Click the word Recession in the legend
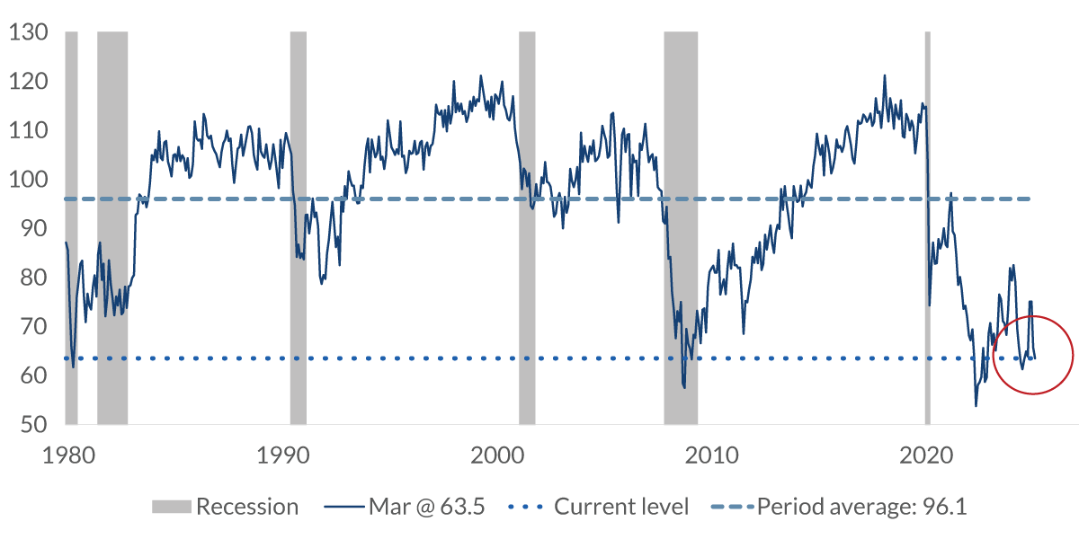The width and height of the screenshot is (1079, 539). [x=247, y=507]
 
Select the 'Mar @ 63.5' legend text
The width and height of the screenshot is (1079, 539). [x=427, y=507]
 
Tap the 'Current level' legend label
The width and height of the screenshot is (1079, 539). [x=621, y=507]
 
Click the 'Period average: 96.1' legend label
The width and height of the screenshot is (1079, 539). [x=861, y=507]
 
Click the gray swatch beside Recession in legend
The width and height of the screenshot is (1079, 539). [x=171, y=507]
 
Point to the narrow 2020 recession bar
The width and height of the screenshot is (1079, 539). [x=928, y=225]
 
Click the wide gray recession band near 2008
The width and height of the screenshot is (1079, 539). [x=681, y=225]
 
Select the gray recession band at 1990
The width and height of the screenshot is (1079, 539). [x=298, y=225]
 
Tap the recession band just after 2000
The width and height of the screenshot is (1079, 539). [x=527, y=225]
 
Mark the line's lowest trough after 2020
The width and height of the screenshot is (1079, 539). [x=976, y=406]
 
